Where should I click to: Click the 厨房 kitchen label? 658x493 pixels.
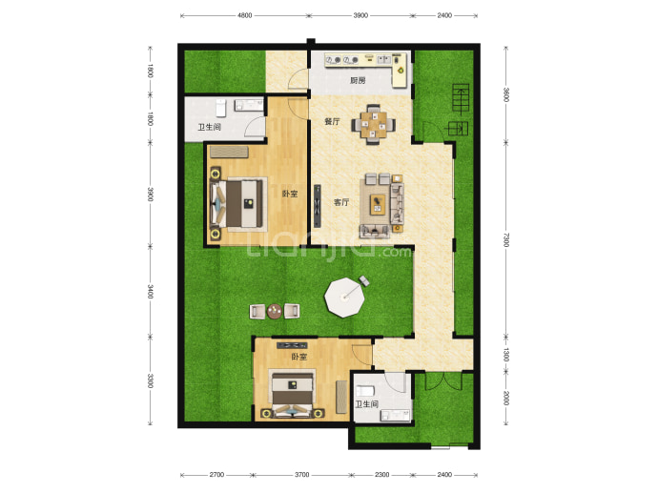point(358,80)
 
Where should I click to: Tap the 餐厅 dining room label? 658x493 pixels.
point(332,121)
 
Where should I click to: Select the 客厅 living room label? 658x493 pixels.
point(341,202)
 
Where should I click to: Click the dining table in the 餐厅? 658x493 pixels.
point(373,124)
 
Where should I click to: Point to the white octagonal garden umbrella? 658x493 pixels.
point(344,298)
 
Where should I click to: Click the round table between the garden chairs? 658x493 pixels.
point(275,311)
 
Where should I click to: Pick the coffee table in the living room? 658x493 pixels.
point(378,204)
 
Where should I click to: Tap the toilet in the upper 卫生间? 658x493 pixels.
point(221,108)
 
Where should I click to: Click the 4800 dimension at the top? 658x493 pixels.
point(245,15)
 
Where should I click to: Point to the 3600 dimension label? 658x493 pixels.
point(505,94)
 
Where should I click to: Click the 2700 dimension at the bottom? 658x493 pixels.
point(216,475)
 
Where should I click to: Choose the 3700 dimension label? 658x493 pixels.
point(301,475)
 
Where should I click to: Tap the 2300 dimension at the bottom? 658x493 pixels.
point(381,475)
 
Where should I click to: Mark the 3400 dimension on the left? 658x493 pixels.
point(150,291)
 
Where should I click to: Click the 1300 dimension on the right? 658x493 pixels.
point(505,355)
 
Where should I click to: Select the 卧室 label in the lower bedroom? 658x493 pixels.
point(299,357)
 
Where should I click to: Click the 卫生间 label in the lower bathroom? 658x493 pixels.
point(366,404)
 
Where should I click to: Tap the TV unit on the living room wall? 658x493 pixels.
point(318,206)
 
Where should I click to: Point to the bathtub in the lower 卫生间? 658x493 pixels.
point(364,391)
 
